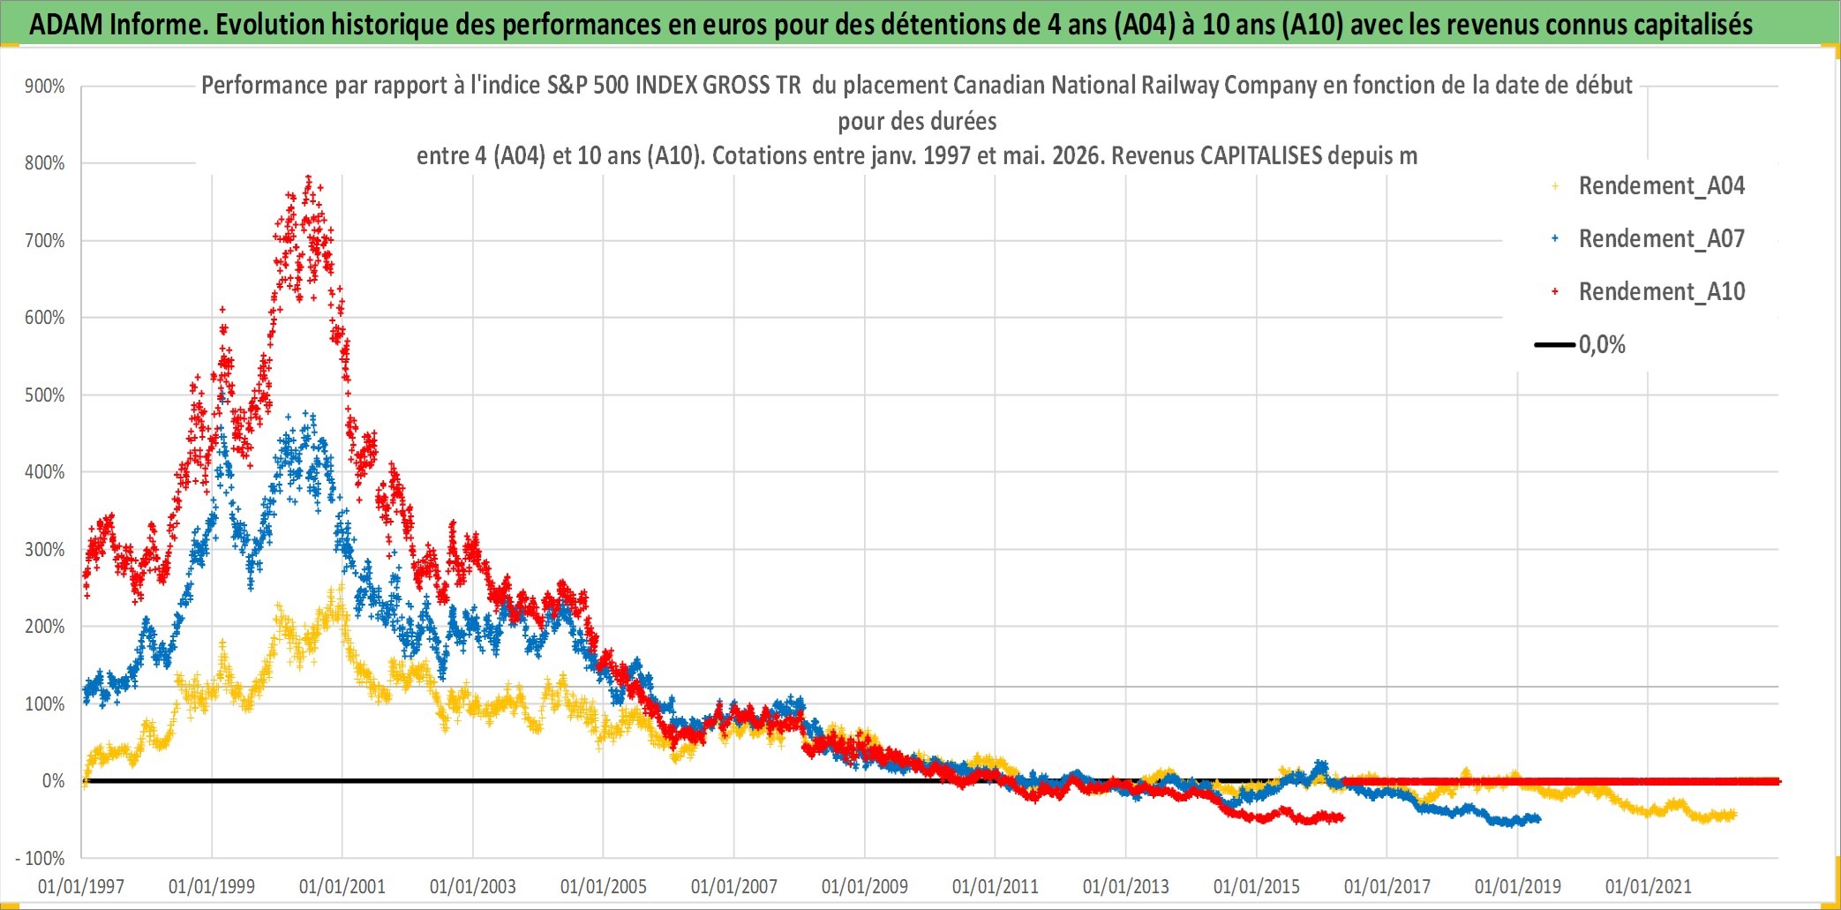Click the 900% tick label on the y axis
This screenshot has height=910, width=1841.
[45, 86]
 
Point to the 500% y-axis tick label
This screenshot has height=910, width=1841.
[45, 395]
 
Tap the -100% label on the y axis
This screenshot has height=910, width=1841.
[41, 858]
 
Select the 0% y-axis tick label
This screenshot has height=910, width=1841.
[54, 781]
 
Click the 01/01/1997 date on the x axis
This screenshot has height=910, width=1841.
[81, 886]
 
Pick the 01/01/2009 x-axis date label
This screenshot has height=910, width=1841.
[865, 886]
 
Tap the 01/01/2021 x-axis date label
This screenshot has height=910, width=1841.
[1649, 886]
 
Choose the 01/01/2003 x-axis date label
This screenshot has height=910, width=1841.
[473, 886]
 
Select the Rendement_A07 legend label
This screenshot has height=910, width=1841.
[1662, 238]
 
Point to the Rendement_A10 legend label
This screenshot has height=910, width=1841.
[1662, 291]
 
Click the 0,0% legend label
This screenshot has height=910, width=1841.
[1602, 344]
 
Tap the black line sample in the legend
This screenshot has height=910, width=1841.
[1555, 344]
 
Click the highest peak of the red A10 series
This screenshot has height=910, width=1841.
[308, 178]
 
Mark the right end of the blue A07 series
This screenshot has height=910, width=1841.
[1538, 818]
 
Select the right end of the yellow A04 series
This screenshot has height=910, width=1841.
[1733, 815]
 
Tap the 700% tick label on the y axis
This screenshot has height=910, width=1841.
[45, 241]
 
